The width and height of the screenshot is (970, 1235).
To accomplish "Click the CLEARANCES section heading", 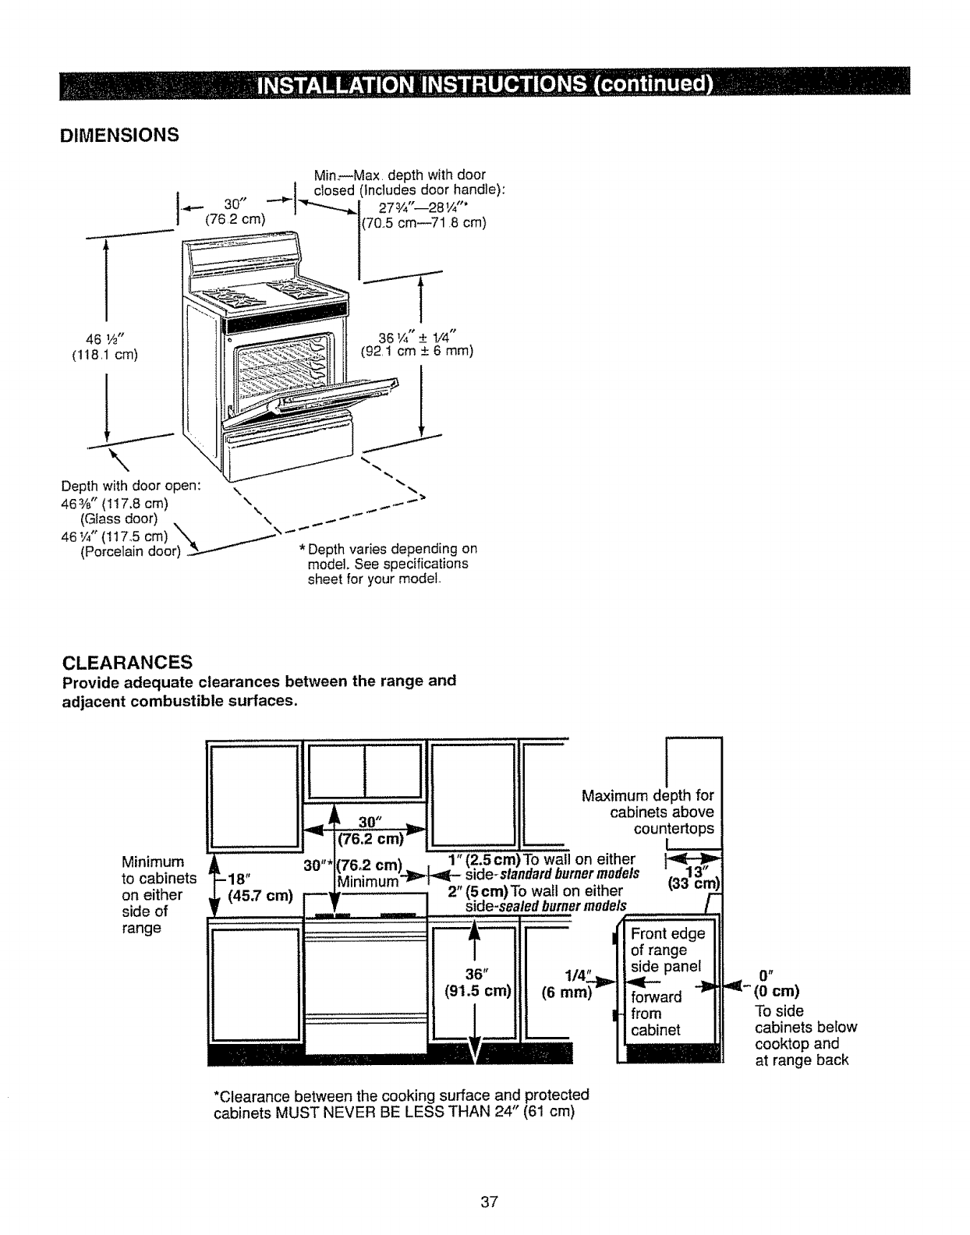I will (x=127, y=662).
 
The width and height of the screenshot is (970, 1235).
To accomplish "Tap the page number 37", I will (x=488, y=1201).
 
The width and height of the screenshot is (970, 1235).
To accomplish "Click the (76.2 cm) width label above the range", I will (x=235, y=219).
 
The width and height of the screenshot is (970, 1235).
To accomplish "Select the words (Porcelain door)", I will (x=130, y=553).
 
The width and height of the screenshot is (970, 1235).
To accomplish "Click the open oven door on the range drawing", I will (x=327, y=398).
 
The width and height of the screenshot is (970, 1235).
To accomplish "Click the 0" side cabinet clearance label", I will (x=765, y=975).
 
